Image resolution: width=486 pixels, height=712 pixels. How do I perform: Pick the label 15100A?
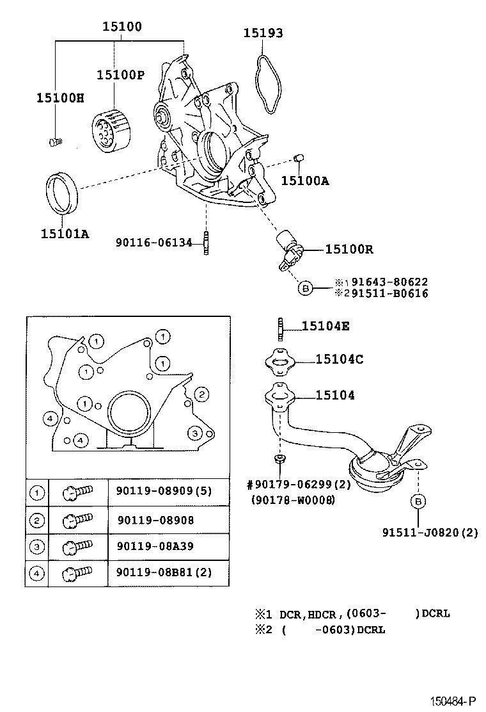(x=305, y=181)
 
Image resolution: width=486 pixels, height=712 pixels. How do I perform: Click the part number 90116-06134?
(x=154, y=242)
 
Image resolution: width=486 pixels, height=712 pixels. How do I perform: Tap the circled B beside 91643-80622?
(x=305, y=288)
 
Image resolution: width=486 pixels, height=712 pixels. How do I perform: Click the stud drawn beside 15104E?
(x=280, y=328)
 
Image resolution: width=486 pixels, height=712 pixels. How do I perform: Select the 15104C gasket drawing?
(x=279, y=362)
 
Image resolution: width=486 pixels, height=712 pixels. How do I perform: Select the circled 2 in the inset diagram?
(x=201, y=394)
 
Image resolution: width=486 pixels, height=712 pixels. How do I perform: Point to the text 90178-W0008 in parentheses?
(x=293, y=500)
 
